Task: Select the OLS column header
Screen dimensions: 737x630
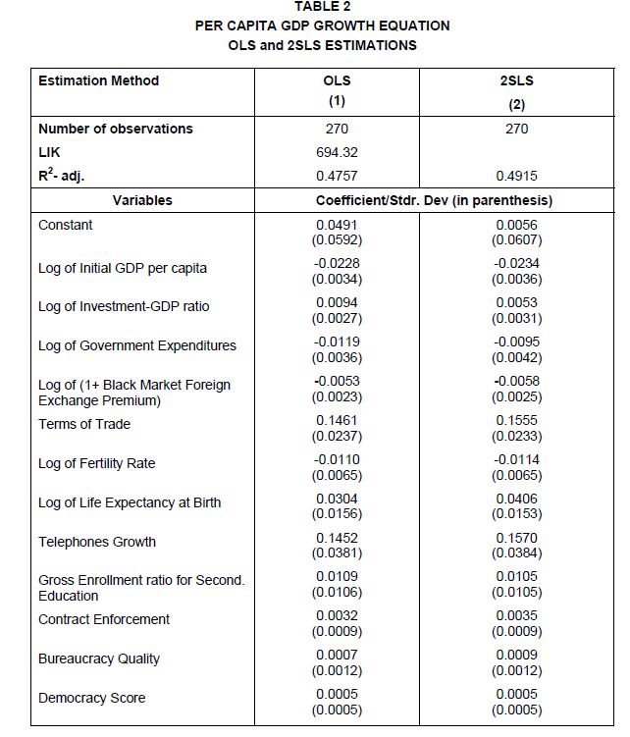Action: click(x=337, y=80)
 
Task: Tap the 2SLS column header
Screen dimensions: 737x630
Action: click(x=516, y=80)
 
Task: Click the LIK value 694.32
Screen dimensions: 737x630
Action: click(x=337, y=153)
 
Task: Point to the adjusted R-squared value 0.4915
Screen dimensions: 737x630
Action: click(x=516, y=177)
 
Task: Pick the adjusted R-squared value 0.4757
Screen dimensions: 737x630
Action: click(x=337, y=177)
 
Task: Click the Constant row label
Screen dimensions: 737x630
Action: click(x=66, y=225)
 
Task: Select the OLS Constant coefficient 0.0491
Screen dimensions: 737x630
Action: click(x=337, y=225)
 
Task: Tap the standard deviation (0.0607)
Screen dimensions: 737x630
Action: click(x=516, y=239)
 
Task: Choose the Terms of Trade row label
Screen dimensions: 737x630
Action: click(x=84, y=424)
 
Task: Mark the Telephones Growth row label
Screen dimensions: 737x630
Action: click(x=97, y=542)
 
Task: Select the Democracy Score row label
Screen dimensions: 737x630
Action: click(x=91, y=698)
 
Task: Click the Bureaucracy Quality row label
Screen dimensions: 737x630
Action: click(x=99, y=658)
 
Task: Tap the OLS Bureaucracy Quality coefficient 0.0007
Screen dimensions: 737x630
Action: click(x=337, y=655)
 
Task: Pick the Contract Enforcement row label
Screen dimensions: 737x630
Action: click(x=104, y=619)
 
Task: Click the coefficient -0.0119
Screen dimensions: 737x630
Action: click(x=337, y=342)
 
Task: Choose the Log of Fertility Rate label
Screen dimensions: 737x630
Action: click(x=96, y=463)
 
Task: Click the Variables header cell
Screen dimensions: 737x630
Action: click(x=142, y=200)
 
